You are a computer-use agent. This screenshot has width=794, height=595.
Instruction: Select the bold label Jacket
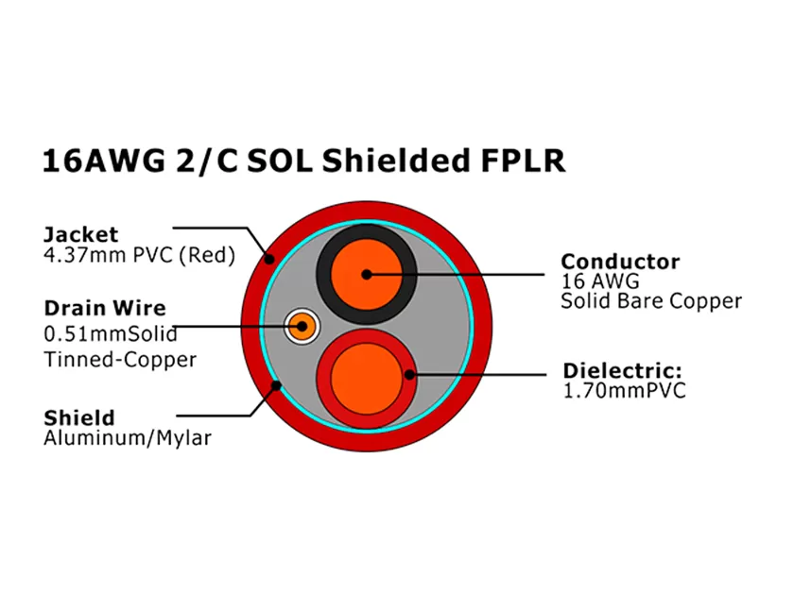[81, 234]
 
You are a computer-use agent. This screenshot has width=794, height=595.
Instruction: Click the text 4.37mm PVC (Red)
[139, 255]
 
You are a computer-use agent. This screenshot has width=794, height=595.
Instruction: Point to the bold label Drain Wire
[105, 308]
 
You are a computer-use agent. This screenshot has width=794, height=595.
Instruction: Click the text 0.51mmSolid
[110, 333]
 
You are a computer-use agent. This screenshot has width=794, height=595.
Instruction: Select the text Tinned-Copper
[120, 359]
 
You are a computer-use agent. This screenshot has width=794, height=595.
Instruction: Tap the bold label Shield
[79, 417]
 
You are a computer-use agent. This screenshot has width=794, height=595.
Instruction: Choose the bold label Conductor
[619, 261]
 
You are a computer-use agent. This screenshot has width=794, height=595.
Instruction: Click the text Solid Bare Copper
[650, 301]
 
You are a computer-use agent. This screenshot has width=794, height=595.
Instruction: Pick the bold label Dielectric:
[622, 370]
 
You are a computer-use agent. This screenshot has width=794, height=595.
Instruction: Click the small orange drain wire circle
[301, 327]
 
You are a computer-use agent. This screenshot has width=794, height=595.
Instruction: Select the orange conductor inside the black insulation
[366, 274]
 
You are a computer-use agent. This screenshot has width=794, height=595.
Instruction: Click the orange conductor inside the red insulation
[364, 376]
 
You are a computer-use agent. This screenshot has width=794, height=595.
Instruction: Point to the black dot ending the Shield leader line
[276, 385]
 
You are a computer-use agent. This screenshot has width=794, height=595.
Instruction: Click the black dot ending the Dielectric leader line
[409, 375]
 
